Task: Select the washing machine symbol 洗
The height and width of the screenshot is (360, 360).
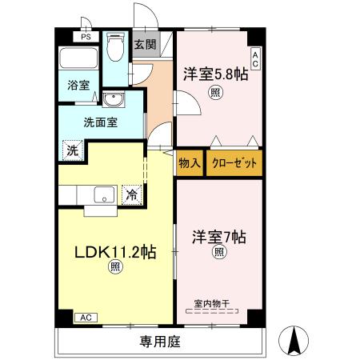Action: coord(73,150)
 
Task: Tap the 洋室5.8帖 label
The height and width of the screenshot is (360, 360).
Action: coord(215,75)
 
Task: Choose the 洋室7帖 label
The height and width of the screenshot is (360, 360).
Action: coord(218,238)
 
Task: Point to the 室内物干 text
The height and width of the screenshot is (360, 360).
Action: coord(212,303)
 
